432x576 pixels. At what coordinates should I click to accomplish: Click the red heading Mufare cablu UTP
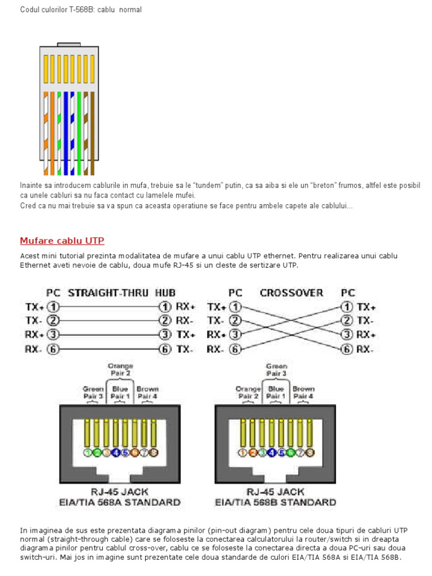[x=62, y=241]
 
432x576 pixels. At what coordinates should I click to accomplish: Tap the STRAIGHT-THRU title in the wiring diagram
[x=108, y=293]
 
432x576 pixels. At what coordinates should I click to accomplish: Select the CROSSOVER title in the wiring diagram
[x=291, y=293]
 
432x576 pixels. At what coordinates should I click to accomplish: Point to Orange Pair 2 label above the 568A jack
[x=120, y=369]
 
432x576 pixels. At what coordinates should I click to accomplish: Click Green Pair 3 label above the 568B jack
[x=276, y=369]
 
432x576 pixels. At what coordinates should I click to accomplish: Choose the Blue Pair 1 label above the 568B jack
[x=276, y=392]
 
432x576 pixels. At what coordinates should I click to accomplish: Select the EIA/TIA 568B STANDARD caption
[x=276, y=502]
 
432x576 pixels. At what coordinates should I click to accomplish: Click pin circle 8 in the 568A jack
[x=154, y=452]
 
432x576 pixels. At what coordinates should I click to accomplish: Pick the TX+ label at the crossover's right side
[x=366, y=307]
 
